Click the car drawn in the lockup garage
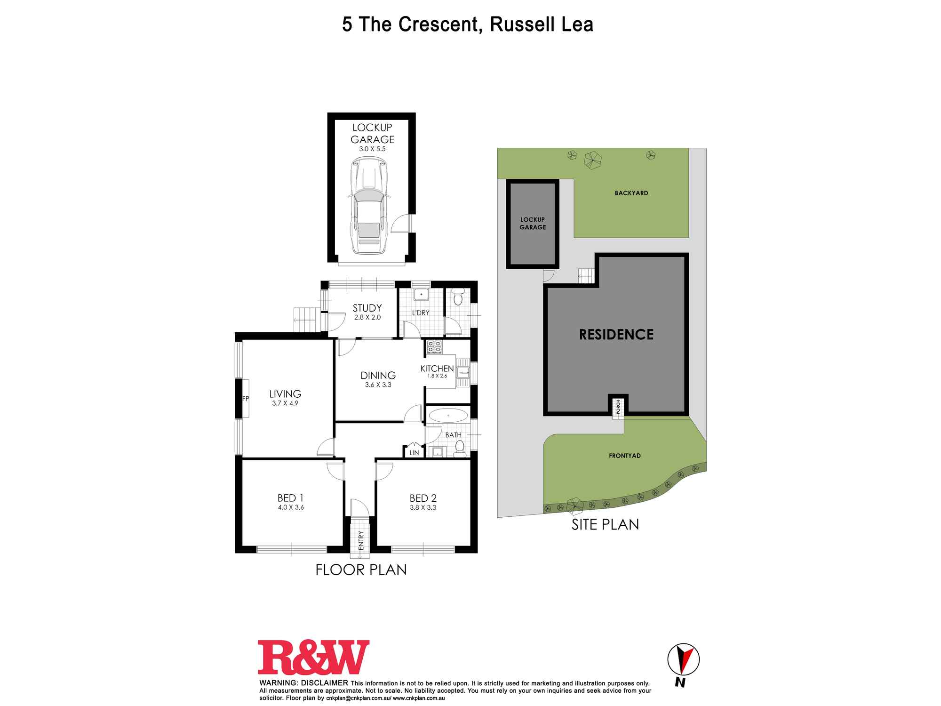coord(369,207)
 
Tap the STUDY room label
coord(367,308)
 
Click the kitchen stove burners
coord(434,347)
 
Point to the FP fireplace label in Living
coord(245,399)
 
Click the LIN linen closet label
coord(414,453)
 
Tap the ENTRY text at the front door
coord(361,540)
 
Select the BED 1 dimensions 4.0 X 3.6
coord(290,507)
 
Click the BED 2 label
coord(423,498)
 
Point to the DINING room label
coord(378,375)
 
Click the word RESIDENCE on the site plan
coord(616,335)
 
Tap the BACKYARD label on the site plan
coord(631,193)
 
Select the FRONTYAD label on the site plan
coord(624,456)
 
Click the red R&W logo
coord(313,657)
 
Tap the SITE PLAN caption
coord(605,524)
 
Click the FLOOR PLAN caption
coord(361,570)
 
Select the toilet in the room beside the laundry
coord(458,298)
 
